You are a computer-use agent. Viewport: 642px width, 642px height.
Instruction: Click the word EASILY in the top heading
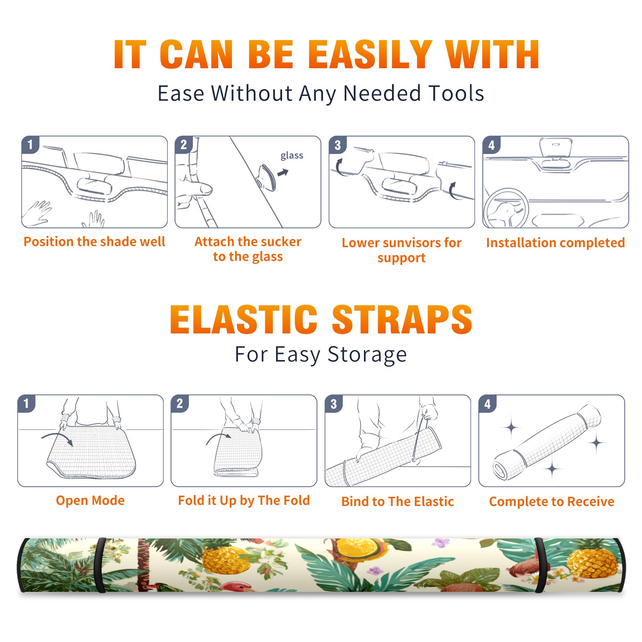click(370, 55)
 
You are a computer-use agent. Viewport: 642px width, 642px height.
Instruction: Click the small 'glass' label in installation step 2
click(292, 156)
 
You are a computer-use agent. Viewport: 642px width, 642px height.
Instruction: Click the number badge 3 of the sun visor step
click(337, 145)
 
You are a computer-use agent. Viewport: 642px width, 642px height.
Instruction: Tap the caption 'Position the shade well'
click(94, 242)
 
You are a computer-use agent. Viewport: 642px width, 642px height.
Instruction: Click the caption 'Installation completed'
click(555, 243)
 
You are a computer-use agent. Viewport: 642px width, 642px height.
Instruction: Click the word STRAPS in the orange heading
click(402, 319)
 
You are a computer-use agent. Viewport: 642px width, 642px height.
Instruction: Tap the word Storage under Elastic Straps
click(367, 355)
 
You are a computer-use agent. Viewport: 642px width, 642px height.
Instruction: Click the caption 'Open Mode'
click(90, 500)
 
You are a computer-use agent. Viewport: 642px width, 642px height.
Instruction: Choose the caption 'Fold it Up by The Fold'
click(244, 501)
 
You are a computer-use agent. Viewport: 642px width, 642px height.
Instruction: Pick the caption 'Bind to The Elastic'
click(398, 502)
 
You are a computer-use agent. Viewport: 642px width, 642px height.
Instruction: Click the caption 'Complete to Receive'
click(552, 502)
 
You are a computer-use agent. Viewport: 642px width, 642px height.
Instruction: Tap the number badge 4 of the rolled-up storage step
click(487, 404)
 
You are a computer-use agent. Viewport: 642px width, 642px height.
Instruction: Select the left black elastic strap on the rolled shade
click(100, 565)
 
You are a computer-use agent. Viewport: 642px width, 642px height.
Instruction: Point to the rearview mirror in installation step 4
click(556, 148)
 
